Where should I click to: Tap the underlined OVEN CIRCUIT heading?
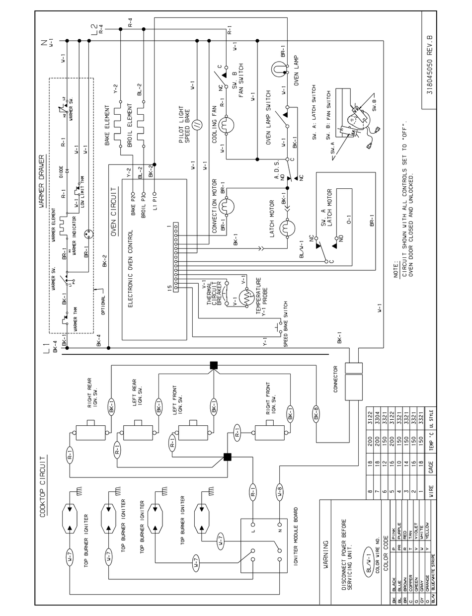pyautogui.click(x=114, y=211)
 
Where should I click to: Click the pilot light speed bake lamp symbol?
pyautogui.click(x=197, y=125)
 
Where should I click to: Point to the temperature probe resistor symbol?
pyautogui.click(x=246, y=297)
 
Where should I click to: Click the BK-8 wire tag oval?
pyautogui.click(x=316, y=412)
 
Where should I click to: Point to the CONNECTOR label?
pyautogui.click(x=335, y=379)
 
